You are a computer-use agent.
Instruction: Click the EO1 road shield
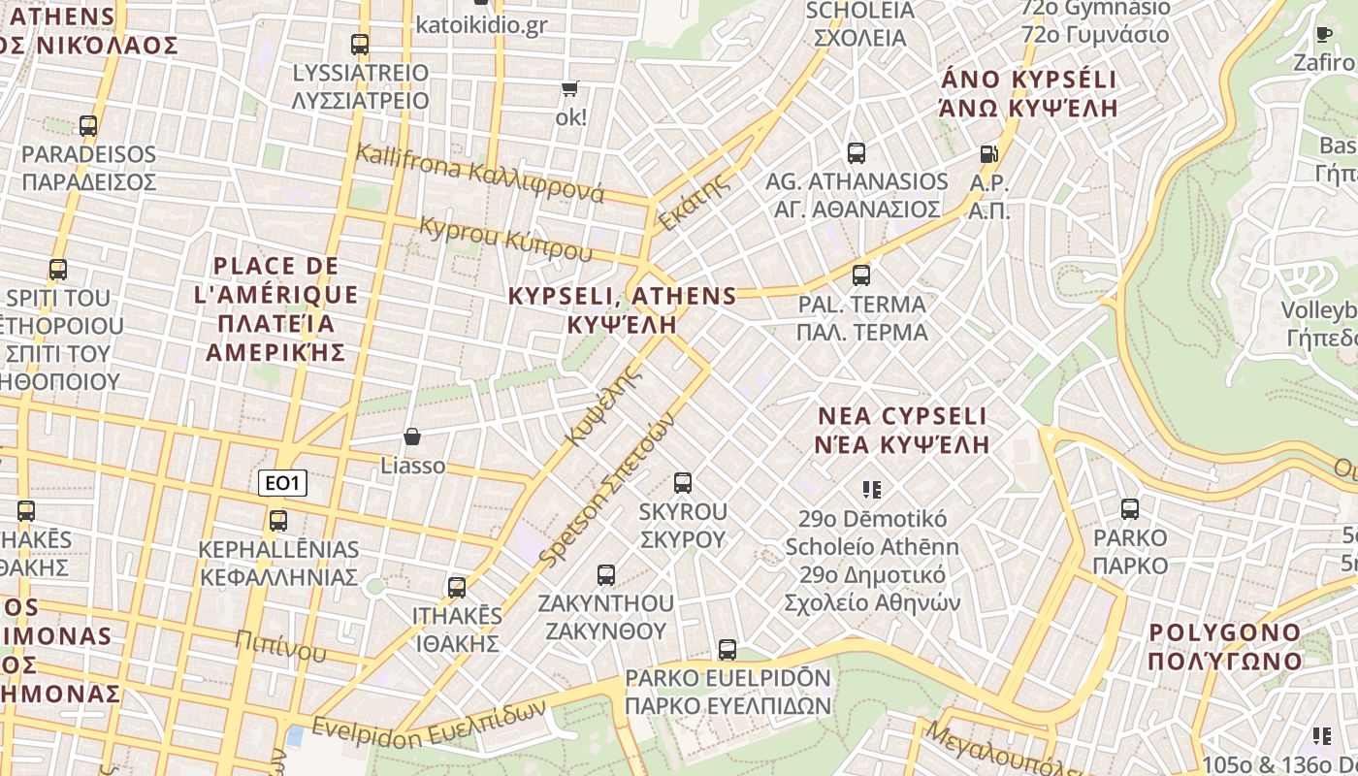[283, 482]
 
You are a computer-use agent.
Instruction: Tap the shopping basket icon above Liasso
[412, 437]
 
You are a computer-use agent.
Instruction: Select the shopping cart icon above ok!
[569, 89]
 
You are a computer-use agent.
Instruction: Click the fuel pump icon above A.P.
[988, 153]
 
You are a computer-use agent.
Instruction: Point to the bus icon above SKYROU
[682, 482]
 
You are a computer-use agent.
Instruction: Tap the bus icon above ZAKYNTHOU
[606, 574]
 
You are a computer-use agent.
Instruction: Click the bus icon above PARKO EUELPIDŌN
[727, 649]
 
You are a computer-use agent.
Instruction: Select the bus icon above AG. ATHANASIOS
[856, 152]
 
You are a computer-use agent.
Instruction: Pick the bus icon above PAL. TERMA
[860, 275]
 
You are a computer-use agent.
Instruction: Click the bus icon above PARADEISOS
[88, 126]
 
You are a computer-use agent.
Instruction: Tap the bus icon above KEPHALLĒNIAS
[278, 521]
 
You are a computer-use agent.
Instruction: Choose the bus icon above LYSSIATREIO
[360, 45]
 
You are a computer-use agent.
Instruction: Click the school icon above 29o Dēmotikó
[871, 490]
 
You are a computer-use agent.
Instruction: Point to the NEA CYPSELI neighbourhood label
[902, 430]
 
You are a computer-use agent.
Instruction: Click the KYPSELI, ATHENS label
[622, 308]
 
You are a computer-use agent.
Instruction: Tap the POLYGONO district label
[1225, 646]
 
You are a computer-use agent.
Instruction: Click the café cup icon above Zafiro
[1323, 34]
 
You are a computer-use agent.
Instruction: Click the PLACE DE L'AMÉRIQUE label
[277, 307]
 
